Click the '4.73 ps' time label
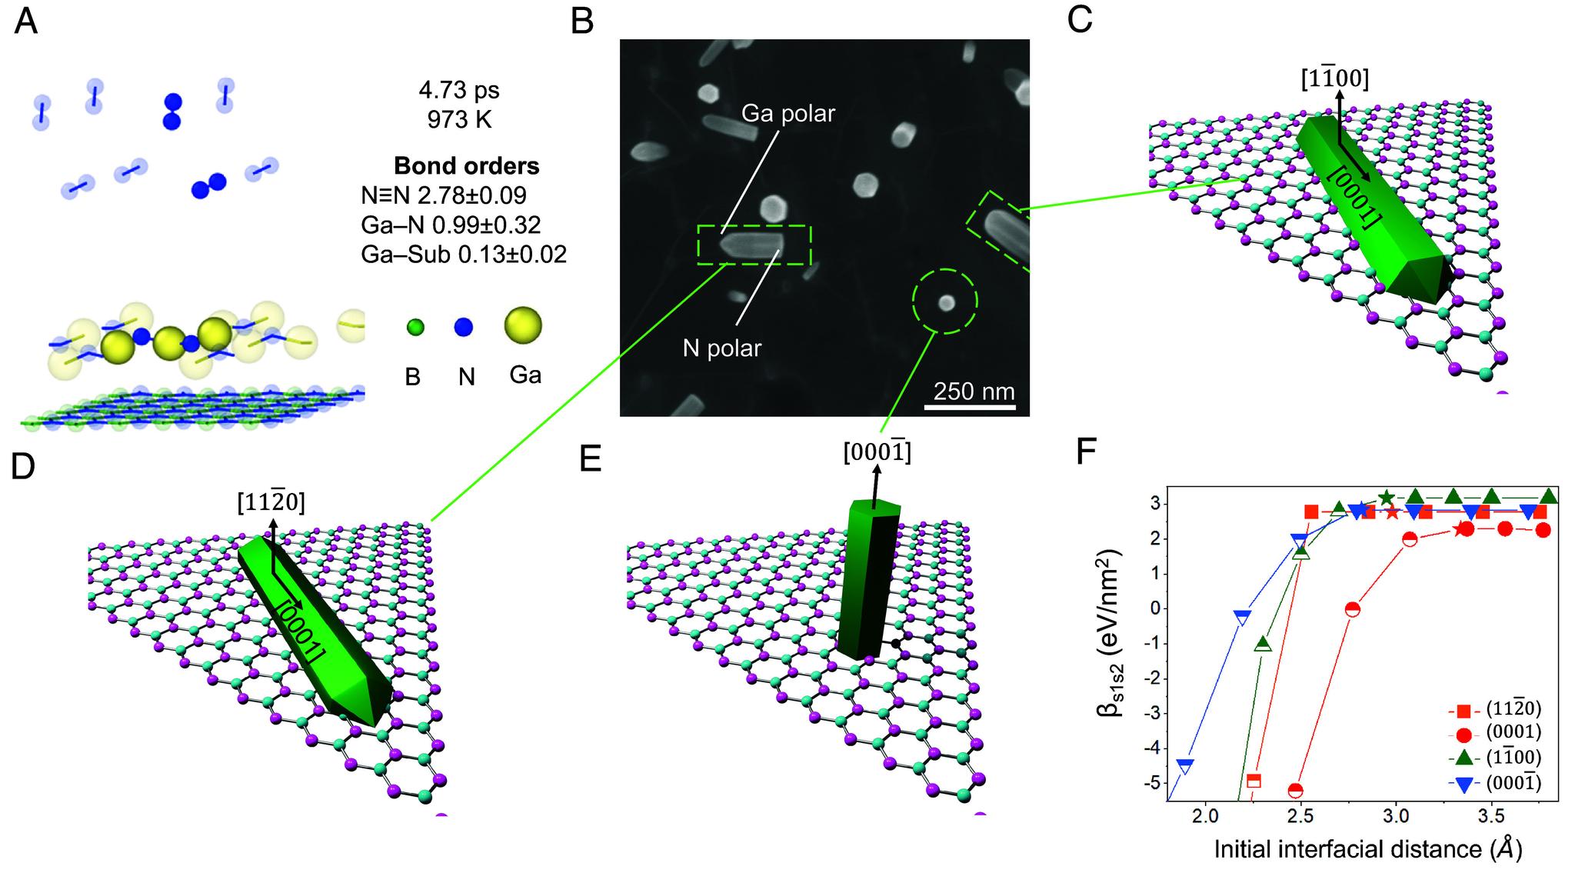coord(459,90)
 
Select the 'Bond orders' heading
coord(466,166)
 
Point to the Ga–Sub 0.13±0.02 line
coord(464,254)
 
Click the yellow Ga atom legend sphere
coord(523,326)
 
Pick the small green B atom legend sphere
coord(415,328)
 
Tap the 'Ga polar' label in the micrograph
coord(787,114)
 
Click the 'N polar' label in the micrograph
coord(722,348)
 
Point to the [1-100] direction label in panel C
coord(1334,78)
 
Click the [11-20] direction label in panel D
coord(271,503)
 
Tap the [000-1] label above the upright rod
coord(877,454)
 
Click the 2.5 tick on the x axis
coord(1300,815)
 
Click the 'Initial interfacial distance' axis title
coord(1367,848)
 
